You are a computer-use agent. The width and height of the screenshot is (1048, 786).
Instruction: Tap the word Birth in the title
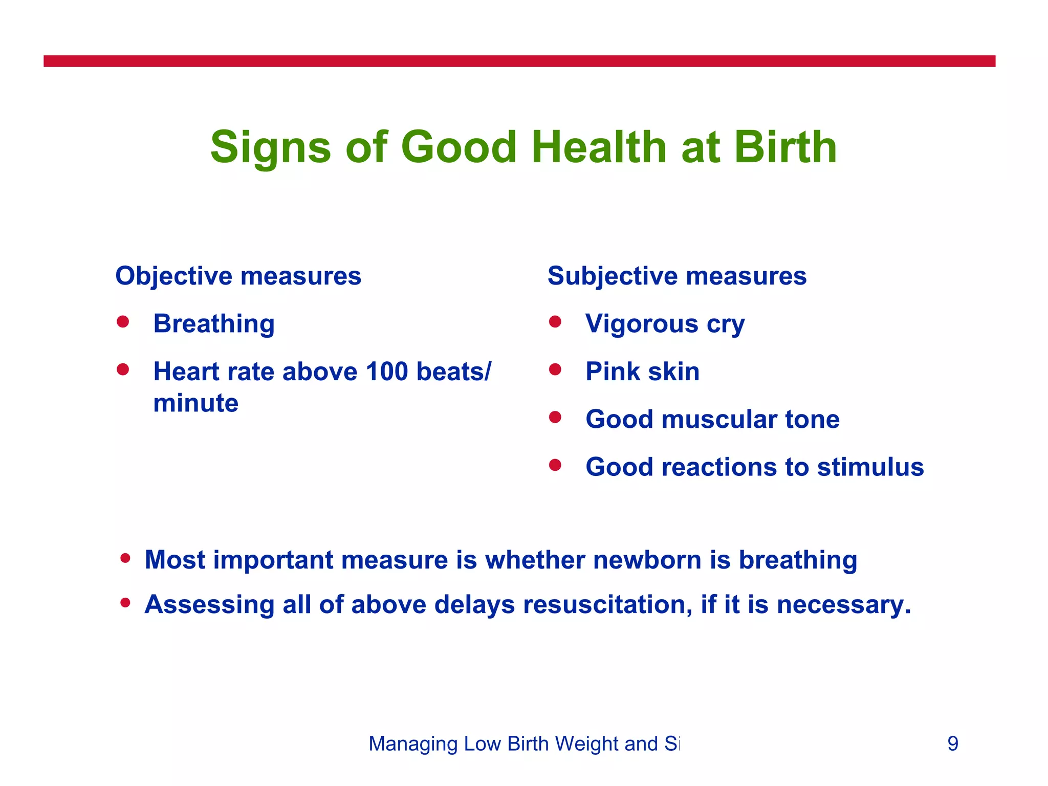tap(785, 147)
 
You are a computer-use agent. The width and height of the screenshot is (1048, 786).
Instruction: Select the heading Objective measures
tap(238, 276)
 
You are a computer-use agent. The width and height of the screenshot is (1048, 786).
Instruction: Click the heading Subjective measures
tap(676, 276)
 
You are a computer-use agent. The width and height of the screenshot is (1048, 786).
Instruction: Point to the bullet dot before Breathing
tap(122, 322)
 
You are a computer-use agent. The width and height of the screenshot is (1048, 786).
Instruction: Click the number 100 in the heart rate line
tap(387, 372)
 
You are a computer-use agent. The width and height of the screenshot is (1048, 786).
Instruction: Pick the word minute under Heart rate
tap(195, 403)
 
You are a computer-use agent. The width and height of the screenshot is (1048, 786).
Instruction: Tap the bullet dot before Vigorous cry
tap(555, 322)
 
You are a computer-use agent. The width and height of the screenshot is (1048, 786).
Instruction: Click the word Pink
tap(612, 372)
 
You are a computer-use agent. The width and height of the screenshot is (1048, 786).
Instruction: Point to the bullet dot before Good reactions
tap(555, 465)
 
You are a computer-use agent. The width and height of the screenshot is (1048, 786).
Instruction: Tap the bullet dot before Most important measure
tap(125, 558)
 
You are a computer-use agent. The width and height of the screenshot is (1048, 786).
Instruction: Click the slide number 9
tap(952, 744)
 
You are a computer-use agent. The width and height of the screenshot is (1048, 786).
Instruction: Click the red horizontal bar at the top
tap(519, 61)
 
